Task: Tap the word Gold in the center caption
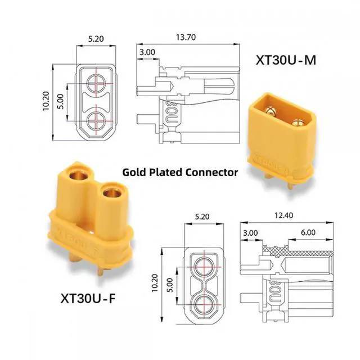pos(136,172)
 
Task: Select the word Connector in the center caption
pos(213,172)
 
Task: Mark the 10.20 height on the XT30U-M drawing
pos(47,103)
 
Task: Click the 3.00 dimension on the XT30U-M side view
pos(147,52)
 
